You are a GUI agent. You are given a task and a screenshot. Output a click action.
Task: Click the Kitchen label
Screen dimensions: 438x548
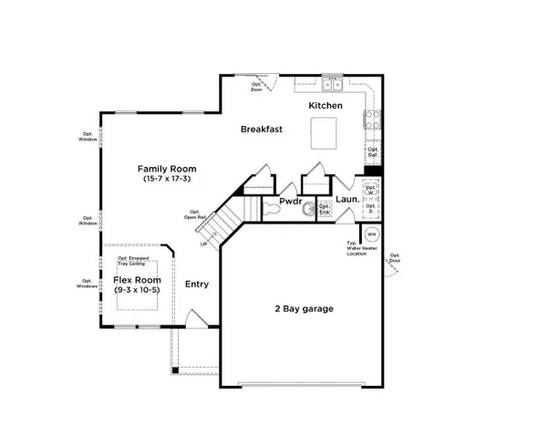(x=326, y=107)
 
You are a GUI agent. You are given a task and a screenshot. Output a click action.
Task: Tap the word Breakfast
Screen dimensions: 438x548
(x=262, y=130)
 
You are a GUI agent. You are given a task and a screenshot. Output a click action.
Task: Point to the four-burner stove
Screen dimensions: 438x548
(x=372, y=118)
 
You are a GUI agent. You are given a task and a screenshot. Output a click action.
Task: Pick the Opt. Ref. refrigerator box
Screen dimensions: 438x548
(x=372, y=152)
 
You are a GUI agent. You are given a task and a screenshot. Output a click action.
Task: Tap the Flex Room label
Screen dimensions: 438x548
(x=137, y=279)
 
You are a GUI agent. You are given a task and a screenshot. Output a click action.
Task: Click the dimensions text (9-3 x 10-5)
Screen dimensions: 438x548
(x=137, y=289)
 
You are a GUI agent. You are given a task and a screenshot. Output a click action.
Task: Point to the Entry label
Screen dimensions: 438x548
(x=197, y=284)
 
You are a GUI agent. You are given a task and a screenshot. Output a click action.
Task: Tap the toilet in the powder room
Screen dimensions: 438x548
(x=273, y=209)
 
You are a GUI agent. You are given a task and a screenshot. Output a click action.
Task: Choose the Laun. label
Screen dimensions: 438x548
(x=346, y=198)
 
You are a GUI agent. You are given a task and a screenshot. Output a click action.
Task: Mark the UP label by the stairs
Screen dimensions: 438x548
(x=202, y=243)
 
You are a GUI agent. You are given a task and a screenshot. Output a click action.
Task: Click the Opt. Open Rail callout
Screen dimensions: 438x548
(x=192, y=215)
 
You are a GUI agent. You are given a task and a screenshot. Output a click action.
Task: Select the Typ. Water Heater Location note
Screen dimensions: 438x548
(x=357, y=249)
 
